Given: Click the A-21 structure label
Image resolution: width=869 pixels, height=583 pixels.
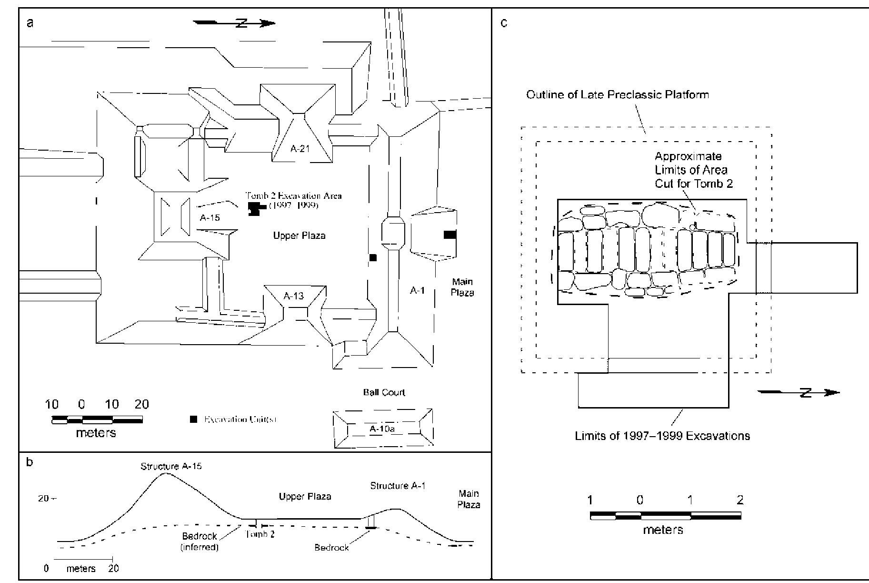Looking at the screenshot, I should click(300, 148).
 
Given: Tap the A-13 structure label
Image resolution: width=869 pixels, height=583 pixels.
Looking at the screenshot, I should click(293, 296).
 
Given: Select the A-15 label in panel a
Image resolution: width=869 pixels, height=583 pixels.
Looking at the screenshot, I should click(210, 218).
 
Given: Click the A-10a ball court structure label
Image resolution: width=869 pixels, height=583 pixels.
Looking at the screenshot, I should click(382, 429).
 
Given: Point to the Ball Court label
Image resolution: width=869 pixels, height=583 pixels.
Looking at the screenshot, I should click(384, 392).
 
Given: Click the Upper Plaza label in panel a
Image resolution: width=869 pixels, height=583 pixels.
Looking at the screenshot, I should click(299, 235).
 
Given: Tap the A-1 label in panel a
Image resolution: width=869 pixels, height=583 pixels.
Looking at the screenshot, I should click(417, 290).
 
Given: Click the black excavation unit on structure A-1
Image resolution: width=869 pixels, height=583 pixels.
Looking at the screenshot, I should click(450, 235).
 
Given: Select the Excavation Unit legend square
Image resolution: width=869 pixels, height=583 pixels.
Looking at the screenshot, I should click(193, 419).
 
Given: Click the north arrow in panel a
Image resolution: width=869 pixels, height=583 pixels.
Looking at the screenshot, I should click(235, 23).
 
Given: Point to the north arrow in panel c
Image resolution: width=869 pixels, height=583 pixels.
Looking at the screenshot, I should click(799, 393).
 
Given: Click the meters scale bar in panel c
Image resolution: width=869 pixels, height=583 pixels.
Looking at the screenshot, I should click(665, 516).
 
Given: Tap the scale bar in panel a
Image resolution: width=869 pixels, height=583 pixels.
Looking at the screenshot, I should click(97, 420).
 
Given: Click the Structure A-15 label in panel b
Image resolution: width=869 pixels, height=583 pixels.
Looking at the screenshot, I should click(171, 466).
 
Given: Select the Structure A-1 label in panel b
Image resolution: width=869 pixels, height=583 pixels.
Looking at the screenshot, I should click(398, 486).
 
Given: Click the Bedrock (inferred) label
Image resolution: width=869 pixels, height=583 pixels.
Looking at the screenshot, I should click(200, 542).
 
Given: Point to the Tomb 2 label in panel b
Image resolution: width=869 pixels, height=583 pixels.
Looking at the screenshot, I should click(260, 534).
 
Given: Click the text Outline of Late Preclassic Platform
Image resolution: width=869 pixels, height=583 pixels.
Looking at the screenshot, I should click(617, 94).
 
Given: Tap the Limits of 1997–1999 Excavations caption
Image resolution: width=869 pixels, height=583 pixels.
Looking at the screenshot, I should click(662, 436).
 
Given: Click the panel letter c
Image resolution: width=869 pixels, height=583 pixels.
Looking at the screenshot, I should click(504, 23).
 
